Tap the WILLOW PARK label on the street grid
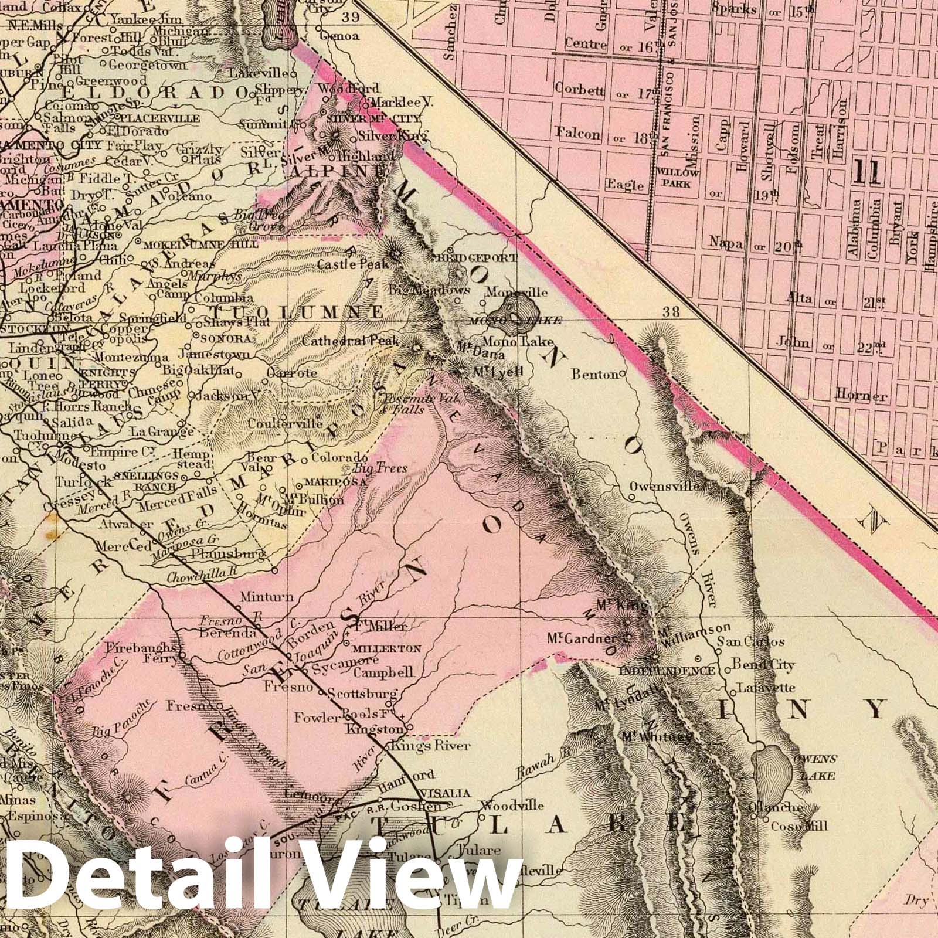[677, 178]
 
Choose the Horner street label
[861, 396]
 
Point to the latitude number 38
[671, 311]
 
